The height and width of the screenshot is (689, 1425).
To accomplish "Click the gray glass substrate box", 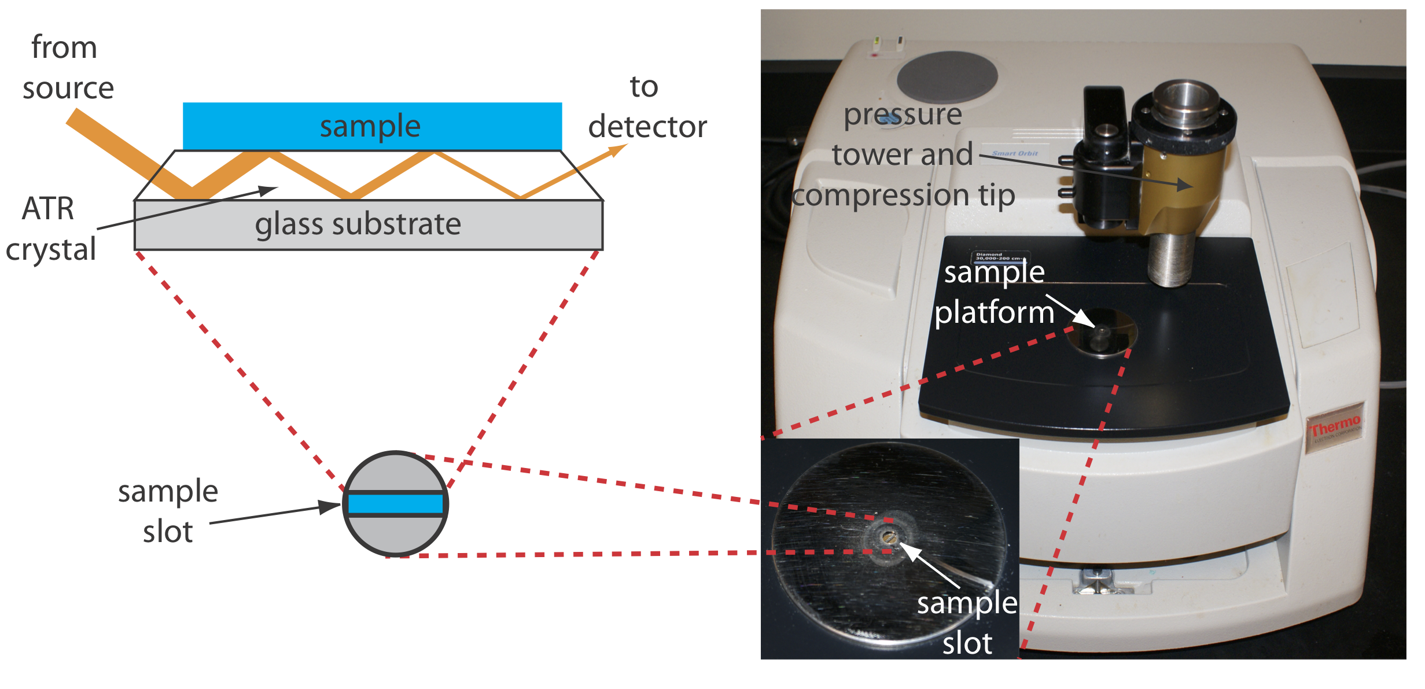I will [369, 225].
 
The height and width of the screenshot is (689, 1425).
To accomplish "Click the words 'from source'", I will [67, 68].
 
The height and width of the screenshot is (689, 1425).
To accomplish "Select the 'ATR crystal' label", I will [50, 229].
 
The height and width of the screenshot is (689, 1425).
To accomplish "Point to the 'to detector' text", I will [647, 108].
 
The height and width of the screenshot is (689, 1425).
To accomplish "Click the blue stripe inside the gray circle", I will [395, 504].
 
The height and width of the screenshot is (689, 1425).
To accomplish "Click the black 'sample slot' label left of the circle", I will [168, 511].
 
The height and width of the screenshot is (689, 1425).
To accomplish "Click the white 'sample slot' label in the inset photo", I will [967, 622].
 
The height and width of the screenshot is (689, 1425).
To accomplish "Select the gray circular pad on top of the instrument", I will [947, 78].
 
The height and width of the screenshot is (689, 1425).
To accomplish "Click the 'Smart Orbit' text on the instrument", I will [1015, 154].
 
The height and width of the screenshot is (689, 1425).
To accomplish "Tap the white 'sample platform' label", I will [994, 292].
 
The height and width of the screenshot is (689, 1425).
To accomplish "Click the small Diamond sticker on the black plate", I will [1000, 256].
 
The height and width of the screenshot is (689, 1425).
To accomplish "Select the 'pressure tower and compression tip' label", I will [903, 154].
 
